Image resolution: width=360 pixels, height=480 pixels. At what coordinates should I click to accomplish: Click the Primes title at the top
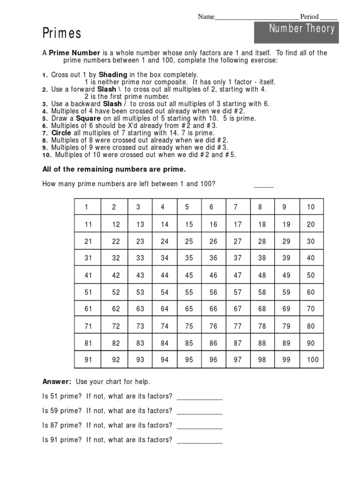[62, 33]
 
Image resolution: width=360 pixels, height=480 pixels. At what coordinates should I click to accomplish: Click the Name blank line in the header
[256, 17]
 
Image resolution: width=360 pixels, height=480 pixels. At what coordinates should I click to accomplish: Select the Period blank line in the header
[329, 17]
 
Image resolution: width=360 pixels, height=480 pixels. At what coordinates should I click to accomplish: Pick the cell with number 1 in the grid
[87, 207]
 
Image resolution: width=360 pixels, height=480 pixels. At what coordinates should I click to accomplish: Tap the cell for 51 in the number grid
[88, 292]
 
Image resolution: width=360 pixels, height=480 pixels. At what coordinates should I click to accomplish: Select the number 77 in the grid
[238, 326]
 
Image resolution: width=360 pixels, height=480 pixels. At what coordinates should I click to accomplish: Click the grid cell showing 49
[286, 275]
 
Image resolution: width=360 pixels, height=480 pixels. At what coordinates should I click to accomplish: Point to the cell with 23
[140, 241]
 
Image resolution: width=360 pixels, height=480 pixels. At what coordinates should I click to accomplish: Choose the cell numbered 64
[165, 309]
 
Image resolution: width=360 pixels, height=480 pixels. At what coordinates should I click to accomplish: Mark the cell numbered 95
[189, 360]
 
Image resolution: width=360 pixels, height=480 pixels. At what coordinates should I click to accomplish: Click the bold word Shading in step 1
[112, 75]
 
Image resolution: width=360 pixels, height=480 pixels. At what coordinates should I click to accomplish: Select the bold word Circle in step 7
[61, 133]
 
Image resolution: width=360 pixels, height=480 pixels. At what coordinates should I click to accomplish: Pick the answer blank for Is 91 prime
[200, 441]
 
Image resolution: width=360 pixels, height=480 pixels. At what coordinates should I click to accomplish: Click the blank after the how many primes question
[263, 185]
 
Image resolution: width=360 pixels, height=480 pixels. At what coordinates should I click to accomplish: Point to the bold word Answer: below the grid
[57, 382]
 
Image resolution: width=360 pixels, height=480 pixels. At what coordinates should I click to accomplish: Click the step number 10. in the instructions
[47, 155]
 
